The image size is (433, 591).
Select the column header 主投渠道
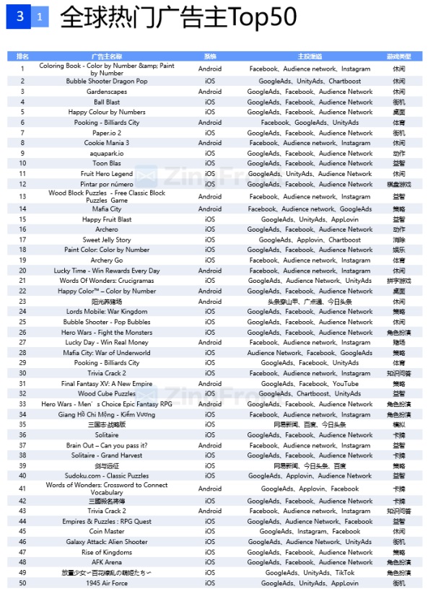click(310, 56)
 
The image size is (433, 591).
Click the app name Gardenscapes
click(107, 92)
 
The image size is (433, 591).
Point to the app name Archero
click(107, 229)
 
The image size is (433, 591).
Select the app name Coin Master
click(107, 531)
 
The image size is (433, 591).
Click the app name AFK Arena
click(107, 562)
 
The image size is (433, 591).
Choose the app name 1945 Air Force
click(107, 582)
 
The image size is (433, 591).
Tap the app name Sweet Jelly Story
click(107, 240)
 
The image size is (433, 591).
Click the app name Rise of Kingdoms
click(107, 552)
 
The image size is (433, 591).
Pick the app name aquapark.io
click(107, 153)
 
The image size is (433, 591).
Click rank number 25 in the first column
click(22, 322)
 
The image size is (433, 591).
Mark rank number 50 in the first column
click(22, 582)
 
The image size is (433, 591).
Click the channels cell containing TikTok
click(310, 572)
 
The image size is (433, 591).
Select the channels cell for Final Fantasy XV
click(310, 384)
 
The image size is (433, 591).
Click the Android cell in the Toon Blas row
click(210, 163)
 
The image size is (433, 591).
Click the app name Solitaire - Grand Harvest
click(107, 455)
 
